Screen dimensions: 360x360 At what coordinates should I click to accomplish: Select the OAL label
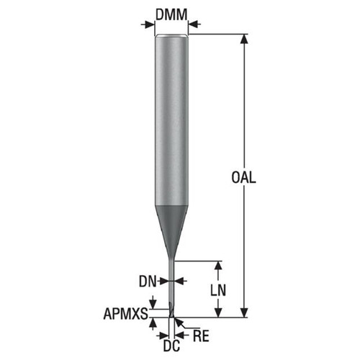[x=245, y=176]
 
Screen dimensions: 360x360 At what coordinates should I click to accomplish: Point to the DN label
[x=148, y=280]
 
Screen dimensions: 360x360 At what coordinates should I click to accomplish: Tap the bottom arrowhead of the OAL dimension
[x=244, y=312]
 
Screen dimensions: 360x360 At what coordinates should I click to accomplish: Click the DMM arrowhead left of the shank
[x=150, y=24]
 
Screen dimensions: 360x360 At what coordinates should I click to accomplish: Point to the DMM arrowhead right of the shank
[x=193, y=24]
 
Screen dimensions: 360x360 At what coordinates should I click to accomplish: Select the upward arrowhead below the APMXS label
[x=153, y=322]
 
